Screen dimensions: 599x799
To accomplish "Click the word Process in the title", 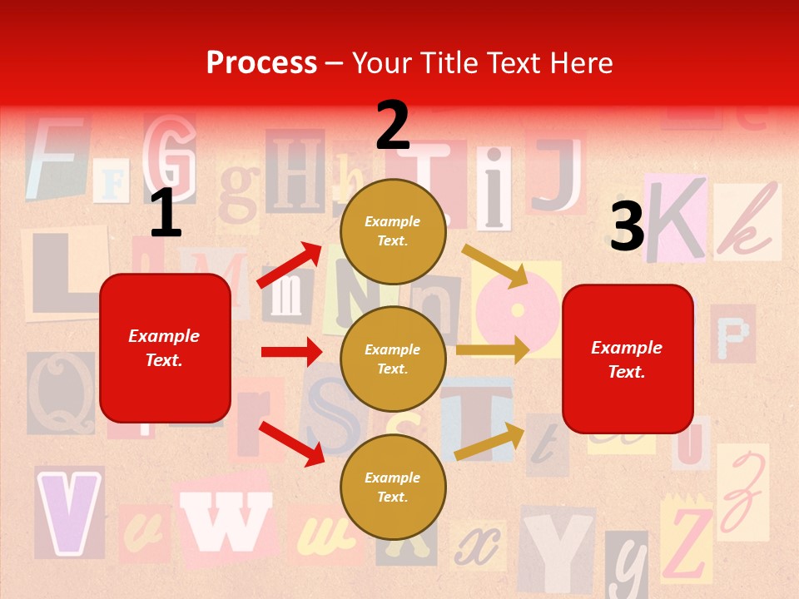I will (x=261, y=62).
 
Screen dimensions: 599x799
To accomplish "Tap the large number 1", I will (x=166, y=214).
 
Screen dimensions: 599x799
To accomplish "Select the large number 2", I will (x=393, y=126).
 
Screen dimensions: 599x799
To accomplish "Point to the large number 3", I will (x=628, y=227).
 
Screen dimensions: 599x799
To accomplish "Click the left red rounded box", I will (x=165, y=348).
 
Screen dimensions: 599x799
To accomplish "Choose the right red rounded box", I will (x=628, y=359).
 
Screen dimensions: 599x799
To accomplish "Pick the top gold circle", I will (x=393, y=231).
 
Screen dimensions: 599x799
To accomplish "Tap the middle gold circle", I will (x=393, y=359).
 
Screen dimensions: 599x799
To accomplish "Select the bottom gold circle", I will (x=393, y=488).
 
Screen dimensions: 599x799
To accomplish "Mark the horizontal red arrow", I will (x=291, y=352).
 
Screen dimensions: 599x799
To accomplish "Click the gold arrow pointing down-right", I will (x=495, y=265).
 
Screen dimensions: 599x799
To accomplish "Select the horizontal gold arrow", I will (x=493, y=349).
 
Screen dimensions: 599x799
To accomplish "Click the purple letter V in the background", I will (x=68, y=512).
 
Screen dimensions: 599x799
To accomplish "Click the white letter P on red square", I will (x=732, y=334).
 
